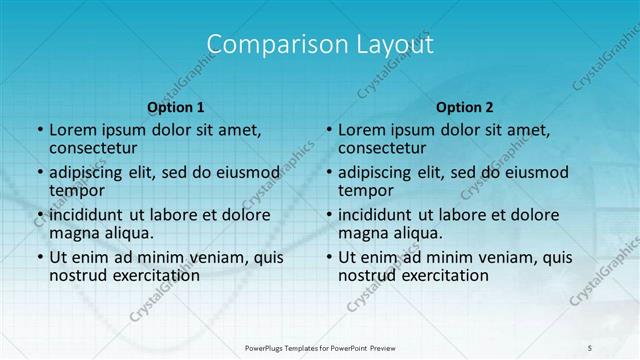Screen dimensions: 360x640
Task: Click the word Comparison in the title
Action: [x=267, y=45]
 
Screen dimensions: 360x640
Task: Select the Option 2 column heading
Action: [x=465, y=106]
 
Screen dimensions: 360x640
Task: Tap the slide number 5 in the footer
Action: [x=590, y=347]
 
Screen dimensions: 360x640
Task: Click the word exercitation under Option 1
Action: [x=145, y=275]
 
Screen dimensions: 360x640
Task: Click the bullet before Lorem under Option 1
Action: [x=39, y=130]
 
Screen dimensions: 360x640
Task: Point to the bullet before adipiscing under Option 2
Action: [x=328, y=172]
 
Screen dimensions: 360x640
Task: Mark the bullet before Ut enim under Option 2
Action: [x=328, y=257]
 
